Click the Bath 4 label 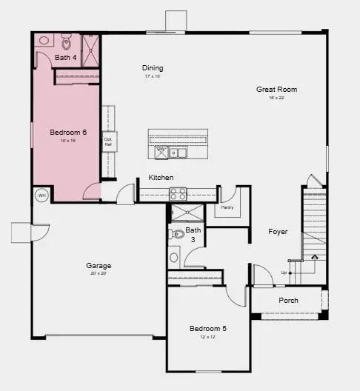[x=65, y=57]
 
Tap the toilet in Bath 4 [x=65, y=40]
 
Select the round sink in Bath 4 [x=44, y=41]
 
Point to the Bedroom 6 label [x=68, y=133]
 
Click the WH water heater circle [x=41, y=195]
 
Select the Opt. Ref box [x=108, y=141]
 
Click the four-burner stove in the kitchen [x=179, y=194]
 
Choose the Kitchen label [x=161, y=178]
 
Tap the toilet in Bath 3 [x=177, y=234]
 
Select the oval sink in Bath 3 [x=174, y=258]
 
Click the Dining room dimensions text [x=153, y=76]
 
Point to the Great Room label [x=272, y=90]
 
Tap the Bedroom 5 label [x=207, y=328]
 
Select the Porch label [x=288, y=301]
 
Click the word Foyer [x=278, y=232]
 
